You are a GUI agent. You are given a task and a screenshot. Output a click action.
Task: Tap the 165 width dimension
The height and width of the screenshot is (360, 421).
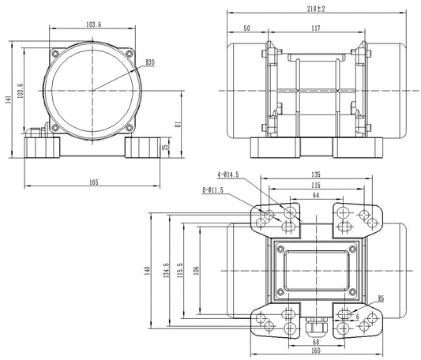[93, 182]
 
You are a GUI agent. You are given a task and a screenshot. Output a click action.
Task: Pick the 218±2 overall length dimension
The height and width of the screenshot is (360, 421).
[316, 9]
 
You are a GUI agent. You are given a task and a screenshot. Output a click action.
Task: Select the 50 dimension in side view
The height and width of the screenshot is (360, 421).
[247, 28]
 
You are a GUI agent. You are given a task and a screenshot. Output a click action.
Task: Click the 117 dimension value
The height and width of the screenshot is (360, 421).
[315, 28]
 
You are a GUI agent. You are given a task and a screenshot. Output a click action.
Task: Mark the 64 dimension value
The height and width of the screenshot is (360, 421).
[315, 195]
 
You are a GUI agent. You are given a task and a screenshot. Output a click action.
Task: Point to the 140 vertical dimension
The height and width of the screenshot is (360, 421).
[147, 271]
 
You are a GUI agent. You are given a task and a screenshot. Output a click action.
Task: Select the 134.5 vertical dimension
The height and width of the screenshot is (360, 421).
[165, 271]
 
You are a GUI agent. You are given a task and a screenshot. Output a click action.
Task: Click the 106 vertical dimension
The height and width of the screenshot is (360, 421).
[196, 271]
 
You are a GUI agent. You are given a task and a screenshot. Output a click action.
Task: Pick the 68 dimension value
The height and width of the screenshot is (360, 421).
[315, 342]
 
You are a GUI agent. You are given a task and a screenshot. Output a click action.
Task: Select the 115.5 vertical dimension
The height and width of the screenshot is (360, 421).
[181, 271]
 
